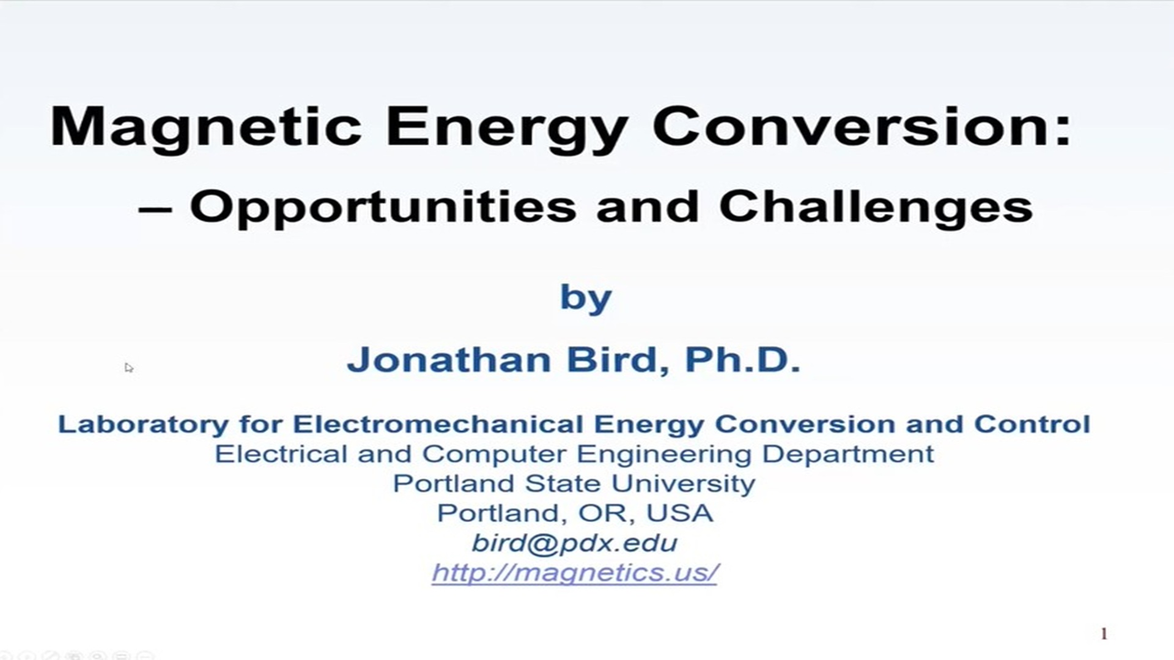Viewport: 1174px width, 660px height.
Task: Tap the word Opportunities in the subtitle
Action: click(x=383, y=207)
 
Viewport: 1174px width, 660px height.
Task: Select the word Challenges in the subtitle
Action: click(x=876, y=207)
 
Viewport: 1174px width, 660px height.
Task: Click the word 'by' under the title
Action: click(x=586, y=298)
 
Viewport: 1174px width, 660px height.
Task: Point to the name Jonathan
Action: click(x=449, y=359)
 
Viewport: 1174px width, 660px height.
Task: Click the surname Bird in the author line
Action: click(x=618, y=359)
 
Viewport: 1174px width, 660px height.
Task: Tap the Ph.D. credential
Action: click(x=742, y=359)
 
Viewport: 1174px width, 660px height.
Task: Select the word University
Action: click(x=683, y=483)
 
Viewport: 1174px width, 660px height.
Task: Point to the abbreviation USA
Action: click(x=679, y=513)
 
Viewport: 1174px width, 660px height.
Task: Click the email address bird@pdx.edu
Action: click(x=574, y=543)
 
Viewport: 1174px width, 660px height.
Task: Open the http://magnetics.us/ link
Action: click(x=574, y=573)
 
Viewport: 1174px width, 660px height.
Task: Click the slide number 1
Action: click(x=1104, y=634)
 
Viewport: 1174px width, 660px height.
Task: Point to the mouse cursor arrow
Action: click(x=128, y=367)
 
